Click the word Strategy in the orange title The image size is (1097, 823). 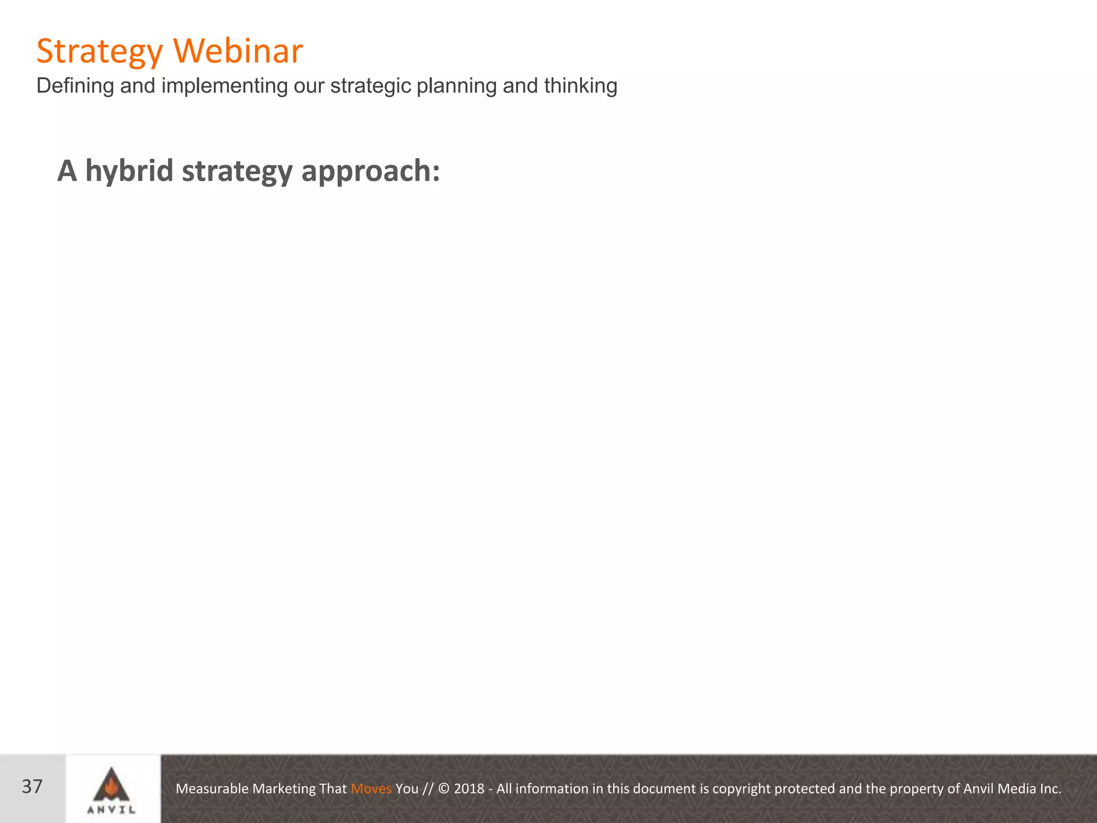99,52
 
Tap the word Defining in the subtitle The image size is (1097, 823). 75,86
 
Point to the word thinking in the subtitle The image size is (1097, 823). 581,86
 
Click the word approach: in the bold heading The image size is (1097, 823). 371,171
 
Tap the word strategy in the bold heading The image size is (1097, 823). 237,171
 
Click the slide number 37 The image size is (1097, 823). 32,787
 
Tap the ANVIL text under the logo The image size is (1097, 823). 111,810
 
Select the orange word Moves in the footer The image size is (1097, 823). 371,789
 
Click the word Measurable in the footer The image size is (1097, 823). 212,789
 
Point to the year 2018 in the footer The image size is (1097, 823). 469,789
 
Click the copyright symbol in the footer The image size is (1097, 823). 444,789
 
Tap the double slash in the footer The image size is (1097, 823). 427,789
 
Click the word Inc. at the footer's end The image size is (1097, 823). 1050,789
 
